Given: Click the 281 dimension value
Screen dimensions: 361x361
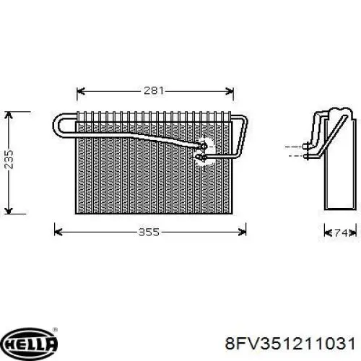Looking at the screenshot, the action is point(154,90).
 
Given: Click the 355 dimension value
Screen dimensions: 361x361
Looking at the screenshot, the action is point(149,232).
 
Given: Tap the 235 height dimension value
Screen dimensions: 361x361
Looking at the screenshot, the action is point(9,160).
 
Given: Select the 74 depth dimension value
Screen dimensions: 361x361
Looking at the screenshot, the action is point(341,232).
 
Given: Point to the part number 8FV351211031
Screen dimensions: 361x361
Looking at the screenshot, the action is point(290,344).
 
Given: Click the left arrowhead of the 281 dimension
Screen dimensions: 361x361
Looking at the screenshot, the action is point(81,91).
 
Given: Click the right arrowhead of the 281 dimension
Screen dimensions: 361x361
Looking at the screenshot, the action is point(230,91).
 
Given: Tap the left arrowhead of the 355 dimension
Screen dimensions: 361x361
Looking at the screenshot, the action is point(58,232).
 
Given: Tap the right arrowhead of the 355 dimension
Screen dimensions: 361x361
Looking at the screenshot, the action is point(242,232).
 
